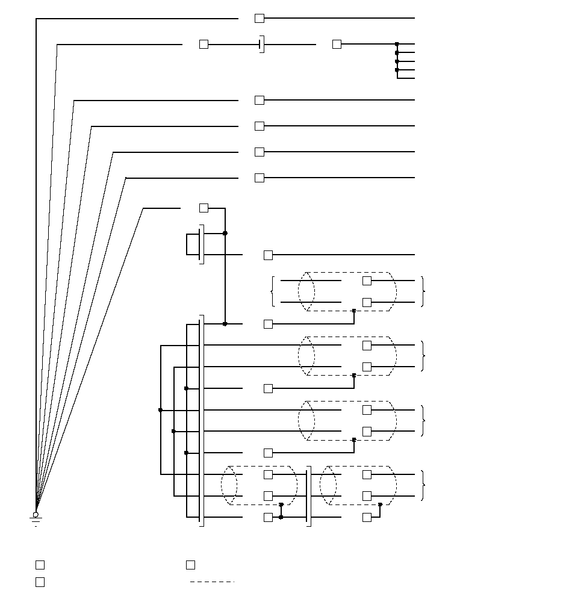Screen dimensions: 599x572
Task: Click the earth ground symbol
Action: (x=36, y=518)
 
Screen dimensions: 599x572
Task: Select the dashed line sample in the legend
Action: (x=212, y=582)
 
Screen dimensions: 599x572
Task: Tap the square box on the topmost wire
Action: (x=260, y=19)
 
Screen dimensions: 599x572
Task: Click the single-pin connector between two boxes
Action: (x=261, y=45)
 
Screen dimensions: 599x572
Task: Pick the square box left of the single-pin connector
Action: (x=204, y=45)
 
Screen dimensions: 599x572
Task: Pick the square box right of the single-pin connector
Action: (x=337, y=45)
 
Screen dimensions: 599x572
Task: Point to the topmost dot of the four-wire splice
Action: (x=397, y=45)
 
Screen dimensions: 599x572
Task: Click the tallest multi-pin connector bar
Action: (x=201, y=420)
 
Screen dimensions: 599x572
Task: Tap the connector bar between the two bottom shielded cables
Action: (x=309, y=496)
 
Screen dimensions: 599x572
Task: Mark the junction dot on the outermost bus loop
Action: (x=161, y=410)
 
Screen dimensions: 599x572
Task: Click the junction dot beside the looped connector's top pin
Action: (x=225, y=233)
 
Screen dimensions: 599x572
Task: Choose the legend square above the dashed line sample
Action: (x=190, y=565)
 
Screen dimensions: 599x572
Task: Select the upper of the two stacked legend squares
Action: (x=40, y=565)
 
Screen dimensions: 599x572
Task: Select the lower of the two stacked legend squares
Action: (x=40, y=582)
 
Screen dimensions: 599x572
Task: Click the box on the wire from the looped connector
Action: (x=269, y=255)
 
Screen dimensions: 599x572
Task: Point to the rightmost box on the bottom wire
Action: (x=367, y=518)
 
